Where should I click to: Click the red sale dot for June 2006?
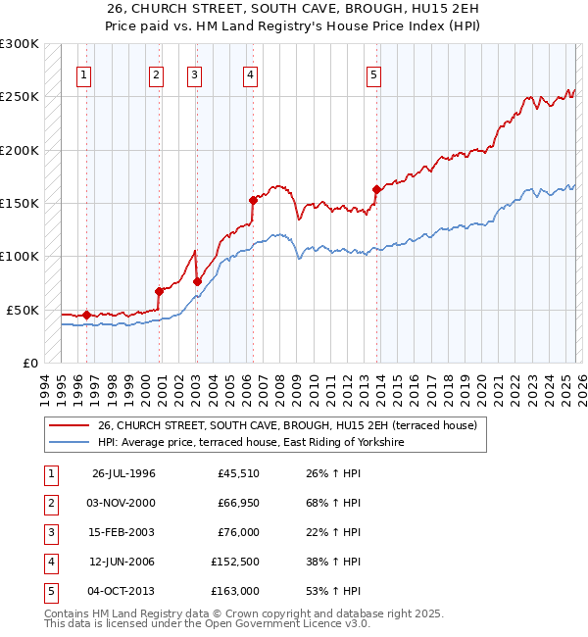point(252,200)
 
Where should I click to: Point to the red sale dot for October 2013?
point(376,189)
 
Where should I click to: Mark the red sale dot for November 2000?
point(158,291)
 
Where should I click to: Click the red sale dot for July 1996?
point(86,315)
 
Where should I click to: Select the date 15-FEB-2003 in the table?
point(123,532)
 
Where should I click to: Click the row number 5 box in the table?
point(49,591)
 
